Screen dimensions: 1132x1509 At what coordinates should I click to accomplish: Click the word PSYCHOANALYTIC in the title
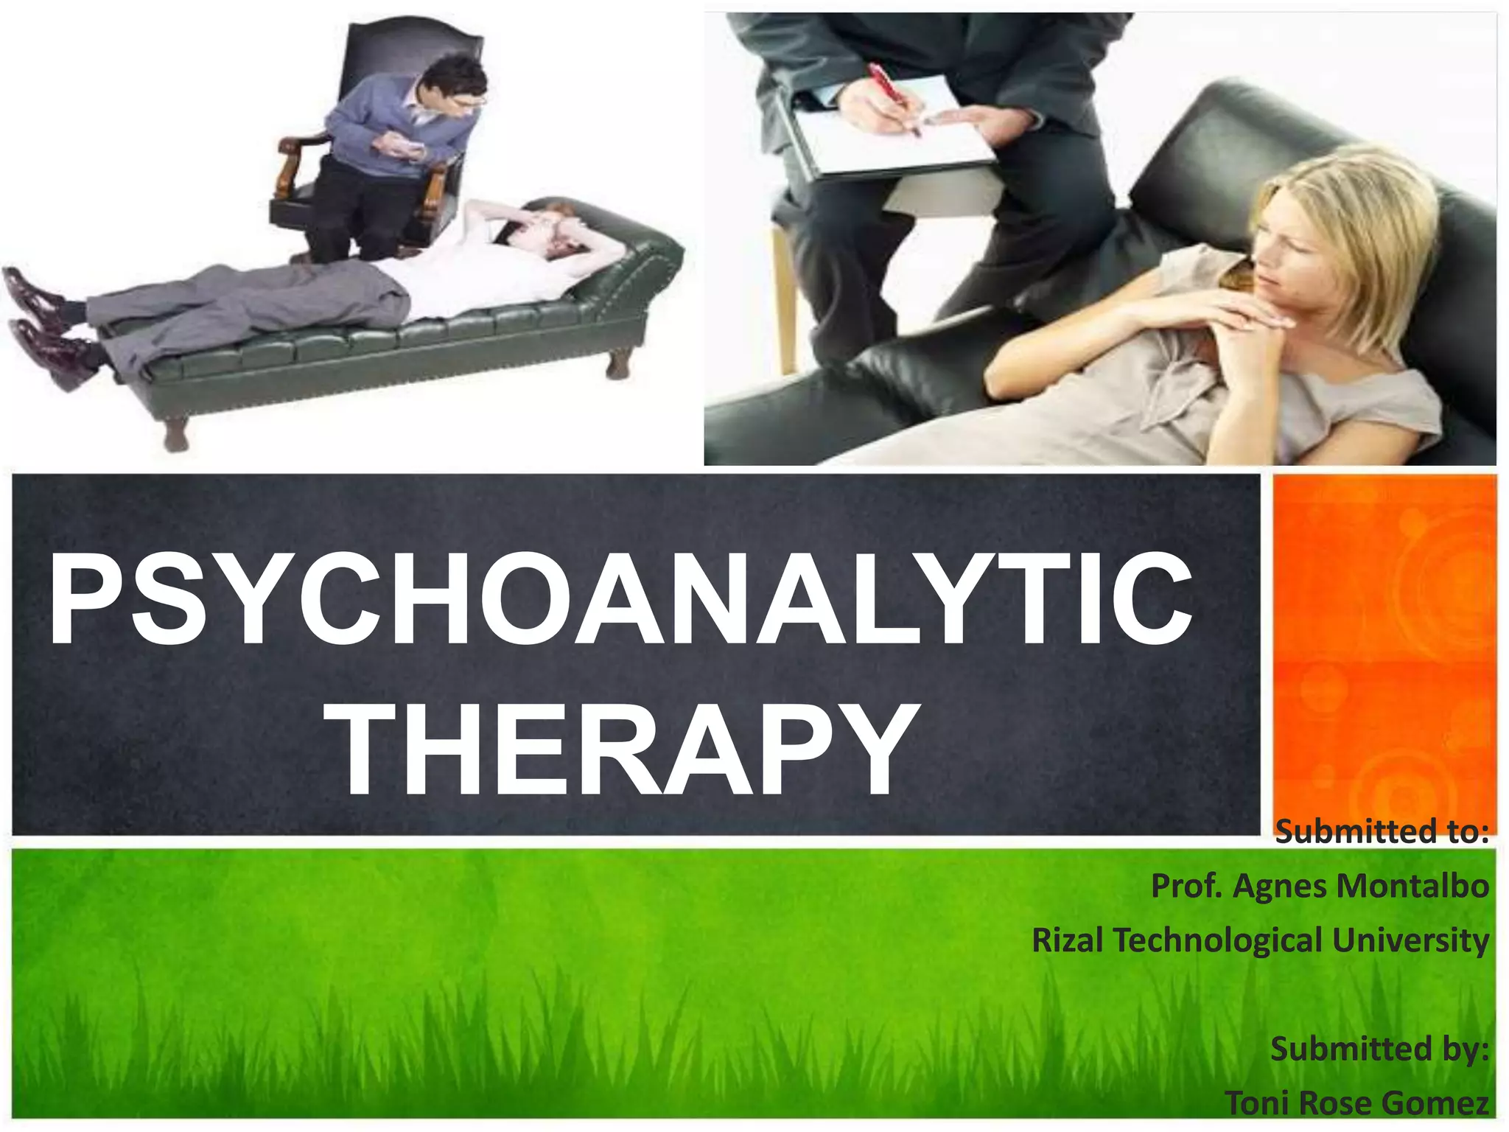click(x=620, y=598)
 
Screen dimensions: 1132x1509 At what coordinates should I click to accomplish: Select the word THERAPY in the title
click(x=626, y=750)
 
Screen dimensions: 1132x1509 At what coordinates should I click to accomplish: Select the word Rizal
click(x=1067, y=940)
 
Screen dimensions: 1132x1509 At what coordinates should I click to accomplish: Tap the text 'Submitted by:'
click(x=1379, y=1049)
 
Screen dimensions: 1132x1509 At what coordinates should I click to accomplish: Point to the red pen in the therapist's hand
click(x=893, y=97)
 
